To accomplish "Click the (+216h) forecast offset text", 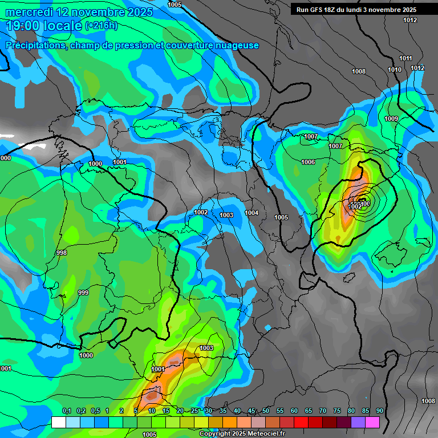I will click(101, 26).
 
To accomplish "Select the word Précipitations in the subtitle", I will click(35, 45).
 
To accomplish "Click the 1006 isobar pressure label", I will click(308, 163).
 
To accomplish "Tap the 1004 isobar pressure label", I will click(252, 213).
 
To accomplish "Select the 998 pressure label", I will click(62, 253).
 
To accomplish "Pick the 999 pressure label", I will click(83, 293).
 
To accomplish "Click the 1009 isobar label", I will click(391, 119).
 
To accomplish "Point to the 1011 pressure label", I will click(405, 58).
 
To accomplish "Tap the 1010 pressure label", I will click(395, 70).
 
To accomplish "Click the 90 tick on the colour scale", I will click(379, 411).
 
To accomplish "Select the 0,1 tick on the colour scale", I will click(66, 411).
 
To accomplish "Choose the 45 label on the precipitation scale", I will click(252, 411).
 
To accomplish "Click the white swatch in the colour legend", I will click(58, 422).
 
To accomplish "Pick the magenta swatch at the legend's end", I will click(372, 422).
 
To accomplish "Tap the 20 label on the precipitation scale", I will click(180, 411).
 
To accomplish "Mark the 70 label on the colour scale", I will click(322, 411).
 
